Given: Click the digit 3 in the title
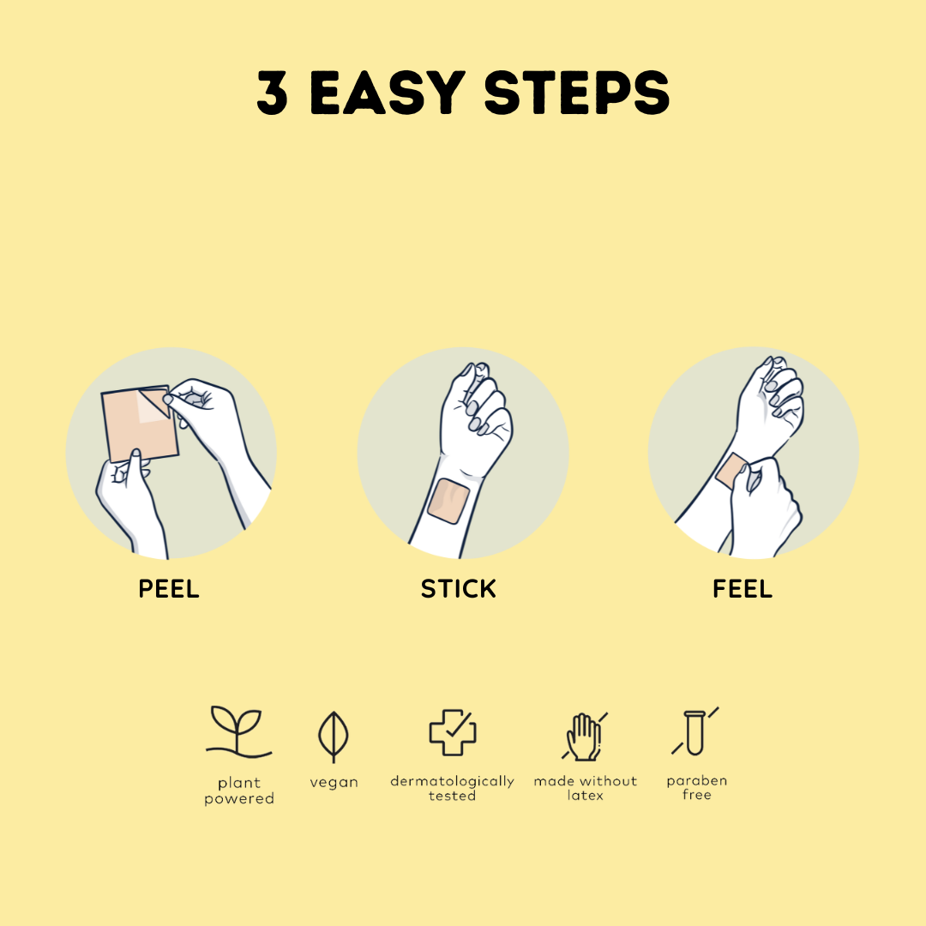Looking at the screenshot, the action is tap(273, 92).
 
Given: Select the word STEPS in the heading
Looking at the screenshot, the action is tap(577, 92).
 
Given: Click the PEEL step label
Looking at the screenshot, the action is tap(169, 589).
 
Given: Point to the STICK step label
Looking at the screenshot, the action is tap(458, 589).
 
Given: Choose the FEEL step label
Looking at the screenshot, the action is tap(743, 589).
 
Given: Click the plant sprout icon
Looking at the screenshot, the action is tap(238, 731).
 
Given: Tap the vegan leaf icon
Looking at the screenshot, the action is tap(334, 737).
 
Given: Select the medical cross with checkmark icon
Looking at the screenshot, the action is tap(453, 732).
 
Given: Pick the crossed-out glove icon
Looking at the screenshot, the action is tap(585, 737).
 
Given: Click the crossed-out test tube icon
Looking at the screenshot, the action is tap(695, 731).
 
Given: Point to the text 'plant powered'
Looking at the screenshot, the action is tap(239, 791).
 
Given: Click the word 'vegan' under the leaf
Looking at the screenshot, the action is tap(334, 783).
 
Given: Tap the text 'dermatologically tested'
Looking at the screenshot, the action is tap(453, 789).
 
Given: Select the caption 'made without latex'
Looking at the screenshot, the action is tap(586, 789).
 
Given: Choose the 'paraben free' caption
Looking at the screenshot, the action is tap(697, 788).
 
